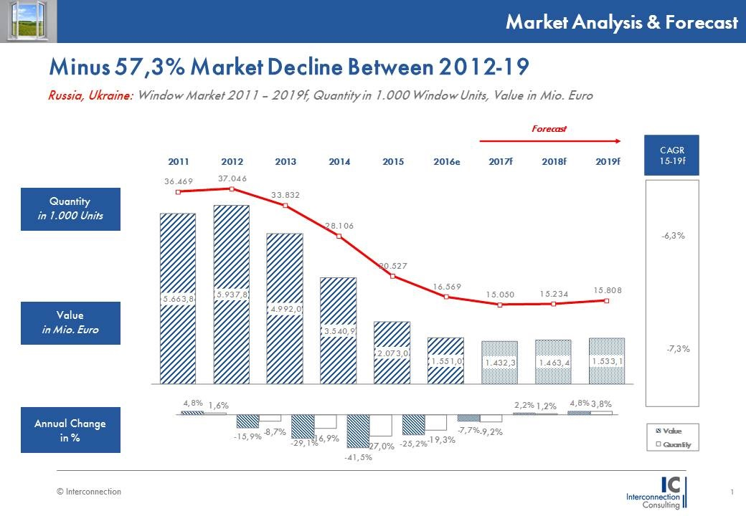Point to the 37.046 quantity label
(x=232, y=178)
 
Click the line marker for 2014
(x=339, y=236)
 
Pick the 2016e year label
(x=446, y=162)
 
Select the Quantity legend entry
(x=674, y=445)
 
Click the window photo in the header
(x=29, y=21)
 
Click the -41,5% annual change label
(x=359, y=458)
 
